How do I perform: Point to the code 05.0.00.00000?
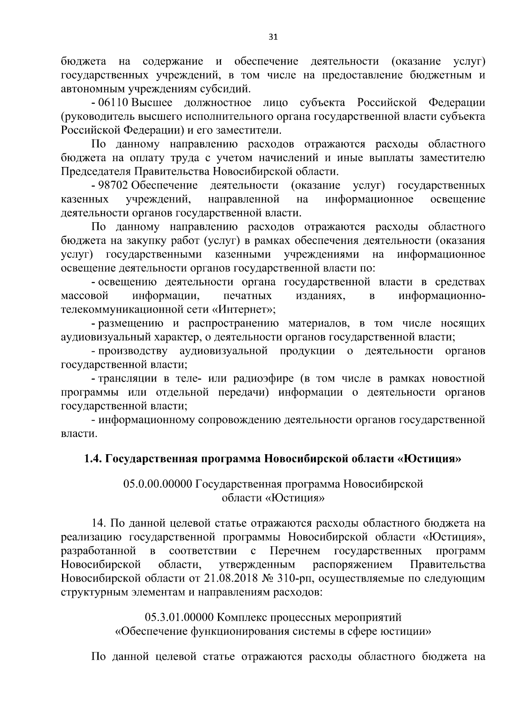[158, 484]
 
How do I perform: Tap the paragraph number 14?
[99, 523]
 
